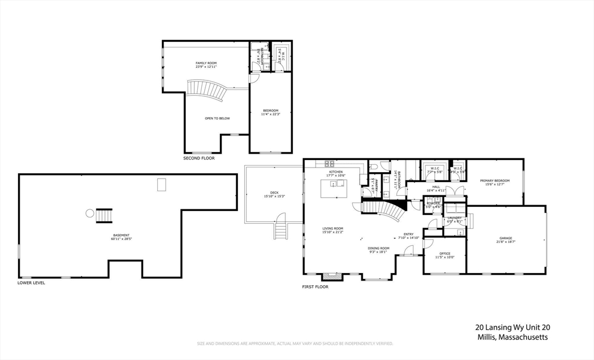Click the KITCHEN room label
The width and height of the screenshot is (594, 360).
click(336, 172)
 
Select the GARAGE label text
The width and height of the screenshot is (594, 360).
click(506, 238)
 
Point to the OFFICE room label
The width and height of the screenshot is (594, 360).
click(445, 253)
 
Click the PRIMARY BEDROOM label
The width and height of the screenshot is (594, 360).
click(495, 181)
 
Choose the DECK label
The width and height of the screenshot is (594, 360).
click(274, 193)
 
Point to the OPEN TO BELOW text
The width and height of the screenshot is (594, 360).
click(217, 118)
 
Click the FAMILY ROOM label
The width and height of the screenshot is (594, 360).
click(206, 63)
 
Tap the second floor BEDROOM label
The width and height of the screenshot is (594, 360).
click(270, 111)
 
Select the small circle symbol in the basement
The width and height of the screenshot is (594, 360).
click(90, 213)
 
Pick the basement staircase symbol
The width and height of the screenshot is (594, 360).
click(104, 215)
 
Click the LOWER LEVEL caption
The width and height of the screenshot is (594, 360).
click(31, 283)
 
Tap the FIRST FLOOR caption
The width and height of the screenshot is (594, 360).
click(315, 286)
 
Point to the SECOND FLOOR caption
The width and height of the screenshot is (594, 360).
click(199, 158)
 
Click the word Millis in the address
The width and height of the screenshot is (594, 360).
click(485, 337)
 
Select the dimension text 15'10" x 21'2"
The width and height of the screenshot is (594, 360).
click(333, 232)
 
